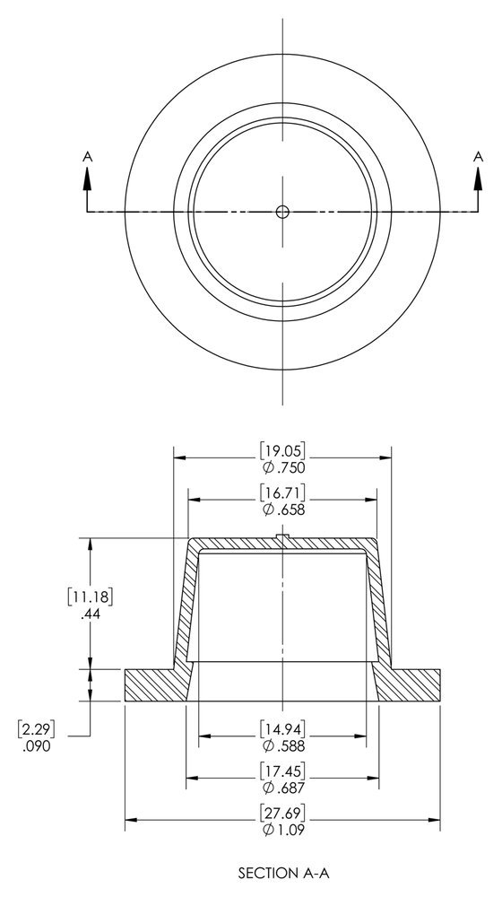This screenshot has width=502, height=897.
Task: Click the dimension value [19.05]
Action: (x=282, y=450)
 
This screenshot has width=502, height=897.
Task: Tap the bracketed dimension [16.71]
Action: (x=282, y=492)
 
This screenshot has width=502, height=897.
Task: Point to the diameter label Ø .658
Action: (x=282, y=509)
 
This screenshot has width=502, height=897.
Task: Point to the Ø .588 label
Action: (x=282, y=745)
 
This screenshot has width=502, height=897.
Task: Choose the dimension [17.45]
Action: (x=282, y=770)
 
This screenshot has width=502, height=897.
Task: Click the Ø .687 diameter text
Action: (x=282, y=788)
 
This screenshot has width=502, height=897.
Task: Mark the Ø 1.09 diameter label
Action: (x=282, y=830)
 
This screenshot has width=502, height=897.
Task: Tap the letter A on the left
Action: (x=87, y=156)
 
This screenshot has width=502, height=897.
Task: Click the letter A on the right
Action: (x=477, y=156)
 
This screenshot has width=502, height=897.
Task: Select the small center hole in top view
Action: (x=282, y=212)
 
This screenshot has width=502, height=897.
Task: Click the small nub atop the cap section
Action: (x=282, y=537)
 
